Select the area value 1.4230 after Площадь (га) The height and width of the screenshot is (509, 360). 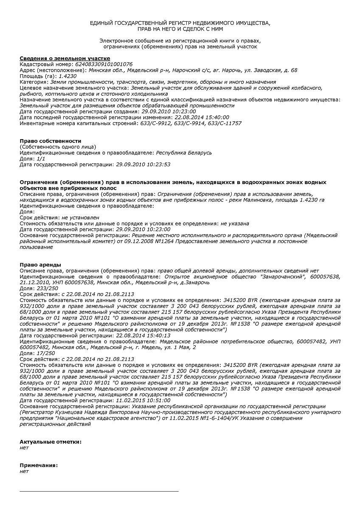(x=67, y=76)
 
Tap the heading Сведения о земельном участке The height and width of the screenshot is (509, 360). (x=65, y=58)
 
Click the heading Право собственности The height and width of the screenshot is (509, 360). (x=51, y=141)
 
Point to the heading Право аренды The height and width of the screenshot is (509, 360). (x=40, y=265)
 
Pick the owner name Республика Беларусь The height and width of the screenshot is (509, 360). (x=184, y=153)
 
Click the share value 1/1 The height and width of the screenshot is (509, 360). (x=41, y=158)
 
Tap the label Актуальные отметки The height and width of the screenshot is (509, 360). (x=51, y=442)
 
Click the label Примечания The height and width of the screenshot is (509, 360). (x=39, y=465)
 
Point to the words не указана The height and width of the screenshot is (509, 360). (x=235, y=223)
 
